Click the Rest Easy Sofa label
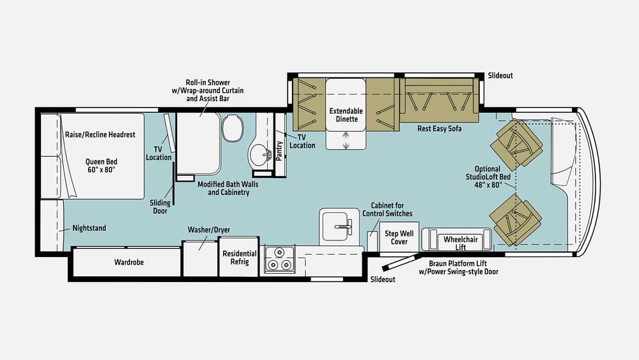tap(440, 129)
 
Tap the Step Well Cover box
tap(399, 238)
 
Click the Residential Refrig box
tap(239, 258)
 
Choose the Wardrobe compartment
tap(127, 262)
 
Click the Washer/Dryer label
tap(208, 230)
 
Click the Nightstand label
tap(89, 228)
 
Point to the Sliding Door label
tap(160, 207)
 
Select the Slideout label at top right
tap(500, 75)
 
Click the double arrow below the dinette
tap(346, 141)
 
